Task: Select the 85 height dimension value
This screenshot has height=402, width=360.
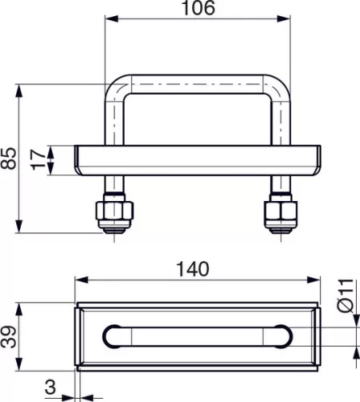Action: pyautogui.click(x=9, y=158)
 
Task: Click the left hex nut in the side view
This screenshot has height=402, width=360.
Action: pyautogui.click(x=113, y=213)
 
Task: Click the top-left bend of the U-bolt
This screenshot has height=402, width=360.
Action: pyautogui.click(x=117, y=85)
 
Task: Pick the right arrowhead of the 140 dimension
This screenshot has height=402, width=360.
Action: pyautogui.click(x=314, y=280)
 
